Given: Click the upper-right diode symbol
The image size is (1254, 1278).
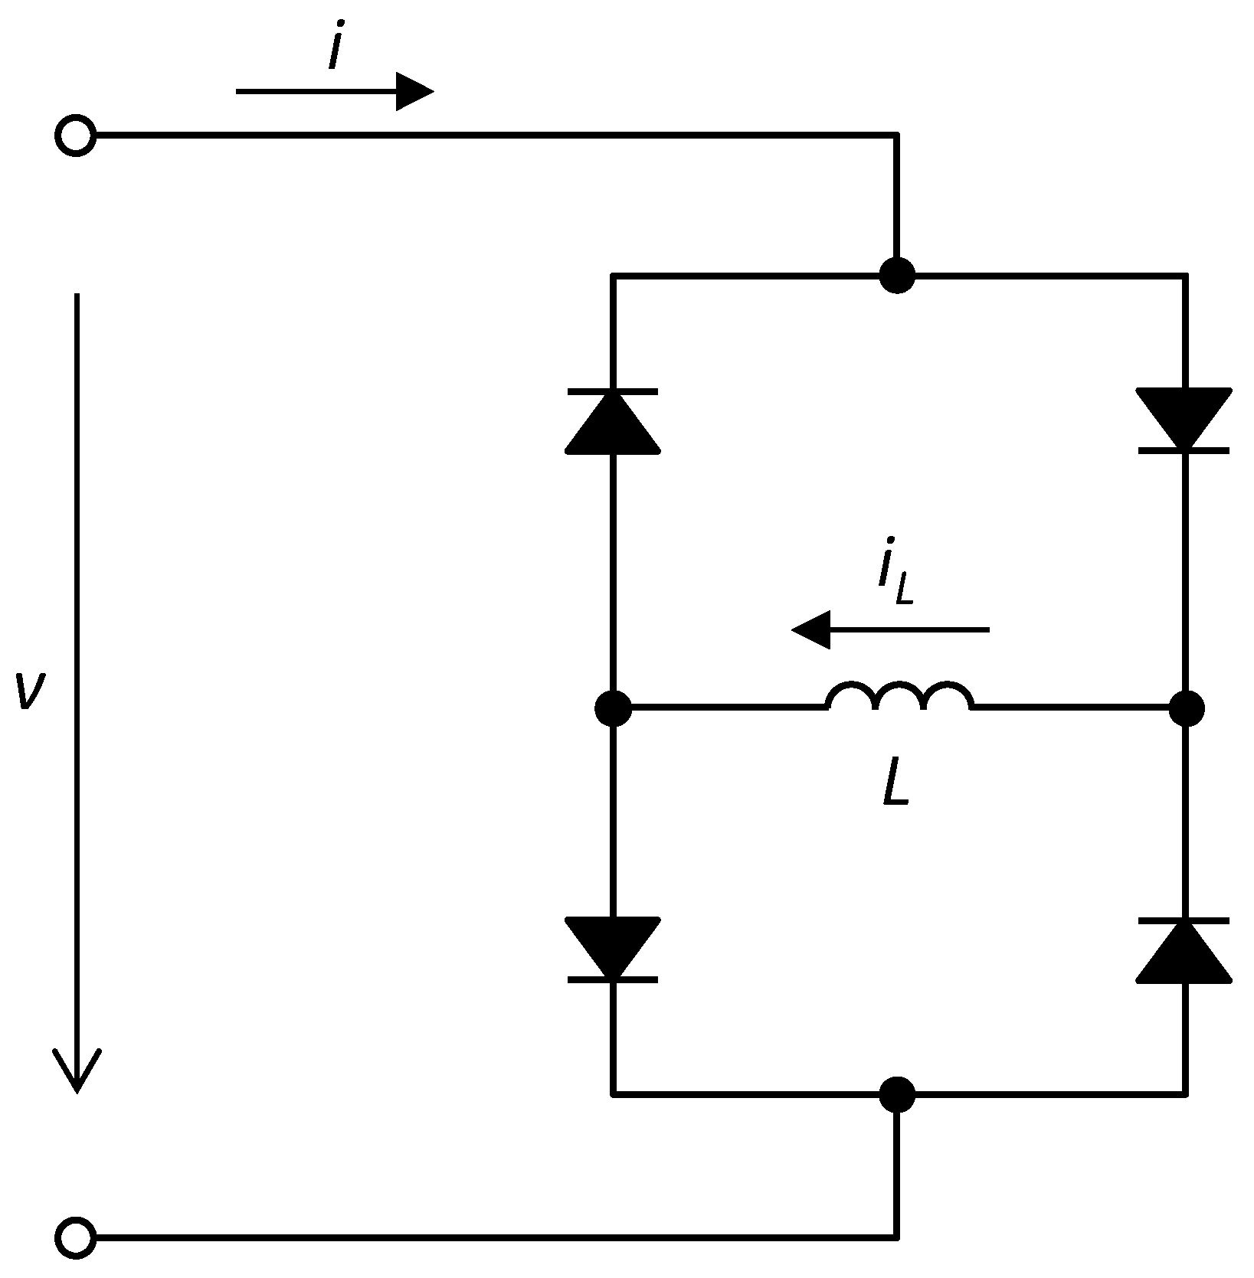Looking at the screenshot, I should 1184,420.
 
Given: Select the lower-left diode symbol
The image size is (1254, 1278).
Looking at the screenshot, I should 612,950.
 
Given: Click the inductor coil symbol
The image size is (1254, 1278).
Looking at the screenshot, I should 899,697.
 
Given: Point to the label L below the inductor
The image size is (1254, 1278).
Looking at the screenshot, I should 895,783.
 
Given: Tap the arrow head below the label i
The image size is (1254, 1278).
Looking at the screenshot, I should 414,91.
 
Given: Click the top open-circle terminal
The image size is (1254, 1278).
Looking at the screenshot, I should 75,136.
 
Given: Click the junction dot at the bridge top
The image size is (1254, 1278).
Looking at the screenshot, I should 896,274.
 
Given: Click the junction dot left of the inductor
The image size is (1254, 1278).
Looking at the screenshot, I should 613,708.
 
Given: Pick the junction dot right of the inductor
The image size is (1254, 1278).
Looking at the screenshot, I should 1186,708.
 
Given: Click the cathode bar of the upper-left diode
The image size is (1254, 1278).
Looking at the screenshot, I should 612,391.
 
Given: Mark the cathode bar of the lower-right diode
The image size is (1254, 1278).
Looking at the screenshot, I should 1184,920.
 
